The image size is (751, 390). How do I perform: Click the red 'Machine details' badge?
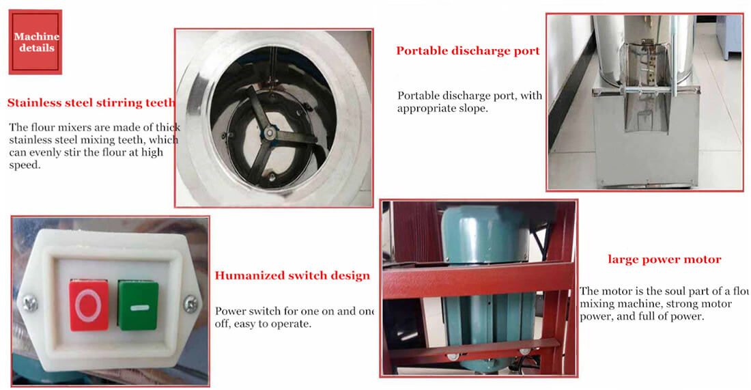[36, 42]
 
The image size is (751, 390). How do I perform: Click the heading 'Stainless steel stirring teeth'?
[91, 104]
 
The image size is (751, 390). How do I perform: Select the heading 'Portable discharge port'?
[468, 51]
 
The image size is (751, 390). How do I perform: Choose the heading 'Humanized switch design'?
[292, 276]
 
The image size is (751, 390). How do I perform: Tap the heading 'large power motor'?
[664, 260]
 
